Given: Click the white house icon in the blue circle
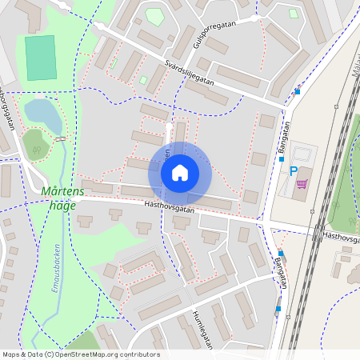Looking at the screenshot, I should coord(180,173).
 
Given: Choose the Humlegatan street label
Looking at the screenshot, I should coord(205,329).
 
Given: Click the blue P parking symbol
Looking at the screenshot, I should coord(293,171).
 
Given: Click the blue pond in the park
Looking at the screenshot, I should coord(42,117).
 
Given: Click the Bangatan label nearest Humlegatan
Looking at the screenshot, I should coord(279,264).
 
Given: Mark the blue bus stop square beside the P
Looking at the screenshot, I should coord(282,158).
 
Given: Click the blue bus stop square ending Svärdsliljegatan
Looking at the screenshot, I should coord(298,91).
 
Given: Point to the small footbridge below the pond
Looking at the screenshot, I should coord(61,138).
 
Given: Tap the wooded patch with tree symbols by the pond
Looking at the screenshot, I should coord(34,144).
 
